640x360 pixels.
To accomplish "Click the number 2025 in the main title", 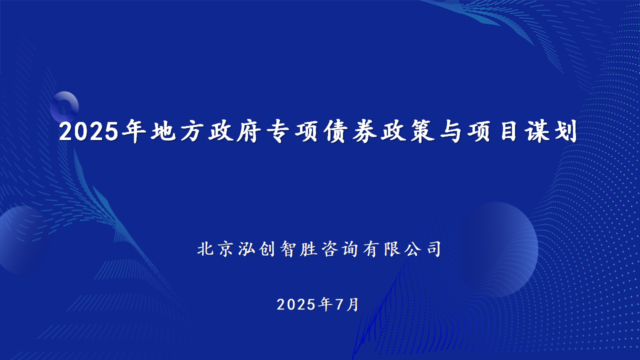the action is [89, 131].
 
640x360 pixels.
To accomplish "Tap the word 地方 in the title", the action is [177, 131].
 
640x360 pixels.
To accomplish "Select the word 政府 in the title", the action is [235, 131].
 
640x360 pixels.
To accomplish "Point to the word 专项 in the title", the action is [292, 131].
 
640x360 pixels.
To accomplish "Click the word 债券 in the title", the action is [350, 131].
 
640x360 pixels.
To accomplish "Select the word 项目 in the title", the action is [492, 131].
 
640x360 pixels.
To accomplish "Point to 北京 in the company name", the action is [215, 249].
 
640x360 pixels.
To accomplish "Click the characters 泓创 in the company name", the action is [256, 249].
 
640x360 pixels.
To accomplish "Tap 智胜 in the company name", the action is [298, 249].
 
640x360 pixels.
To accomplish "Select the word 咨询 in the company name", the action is [339, 249].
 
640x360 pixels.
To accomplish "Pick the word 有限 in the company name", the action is [381, 249].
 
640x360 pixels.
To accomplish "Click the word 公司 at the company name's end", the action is [423, 249].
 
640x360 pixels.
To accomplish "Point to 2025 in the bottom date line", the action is [296, 304].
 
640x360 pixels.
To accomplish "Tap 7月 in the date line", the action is [347, 304].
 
